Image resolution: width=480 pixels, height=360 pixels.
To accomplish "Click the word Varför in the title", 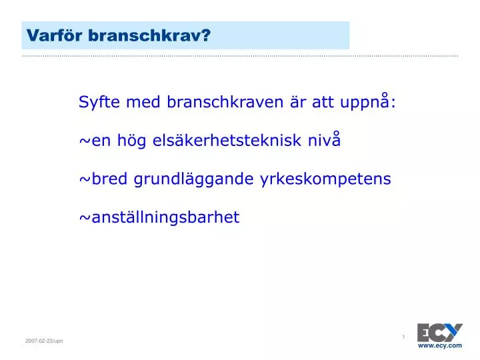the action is (x=55, y=35).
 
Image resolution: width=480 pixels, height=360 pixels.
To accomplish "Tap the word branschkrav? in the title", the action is (x=149, y=35).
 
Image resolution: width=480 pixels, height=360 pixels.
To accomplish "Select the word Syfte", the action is (x=99, y=102).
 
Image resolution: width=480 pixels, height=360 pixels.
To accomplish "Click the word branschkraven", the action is (x=225, y=101).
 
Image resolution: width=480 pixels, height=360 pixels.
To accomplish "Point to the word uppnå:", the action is (x=368, y=101).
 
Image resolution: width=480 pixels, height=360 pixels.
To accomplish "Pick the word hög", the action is (x=131, y=141).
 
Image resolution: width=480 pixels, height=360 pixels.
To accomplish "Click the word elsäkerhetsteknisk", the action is (x=227, y=140).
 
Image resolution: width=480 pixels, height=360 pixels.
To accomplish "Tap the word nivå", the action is (x=324, y=139).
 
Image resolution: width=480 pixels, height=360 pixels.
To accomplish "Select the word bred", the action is (x=109, y=179).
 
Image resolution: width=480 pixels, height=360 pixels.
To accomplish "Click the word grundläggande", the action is (x=193, y=179).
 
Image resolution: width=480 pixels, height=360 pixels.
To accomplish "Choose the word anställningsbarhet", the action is (x=165, y=217).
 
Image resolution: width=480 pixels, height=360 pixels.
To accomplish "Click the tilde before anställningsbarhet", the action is (x=85, y=218).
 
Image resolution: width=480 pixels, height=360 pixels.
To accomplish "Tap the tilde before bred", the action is (x=85, y=179).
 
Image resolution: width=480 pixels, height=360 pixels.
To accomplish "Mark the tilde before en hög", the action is (x=85, y=141).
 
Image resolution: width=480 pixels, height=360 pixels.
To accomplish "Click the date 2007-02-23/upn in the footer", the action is (x=44, y=341).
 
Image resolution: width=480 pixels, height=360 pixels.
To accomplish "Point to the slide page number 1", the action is (x=403, y=337).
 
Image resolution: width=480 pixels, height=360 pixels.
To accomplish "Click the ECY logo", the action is (x=440, y=333).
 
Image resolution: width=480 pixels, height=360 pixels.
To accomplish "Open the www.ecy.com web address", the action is (x=440, y=345).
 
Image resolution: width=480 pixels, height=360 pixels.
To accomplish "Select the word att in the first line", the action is (x=323, y=102).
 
